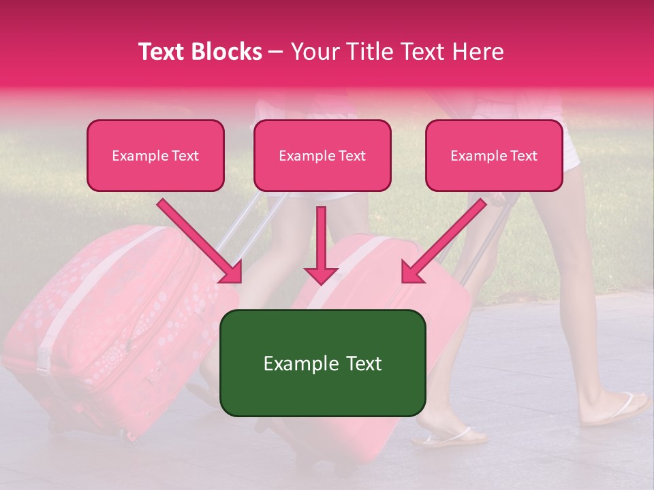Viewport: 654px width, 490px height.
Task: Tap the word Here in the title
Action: pyautogui.click(x=478, y=52)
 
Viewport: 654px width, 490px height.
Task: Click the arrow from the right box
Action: pyautogui.click(x=443, y=241)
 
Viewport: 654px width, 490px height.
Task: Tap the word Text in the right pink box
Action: pyautogui.click(x=523, y=156)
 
